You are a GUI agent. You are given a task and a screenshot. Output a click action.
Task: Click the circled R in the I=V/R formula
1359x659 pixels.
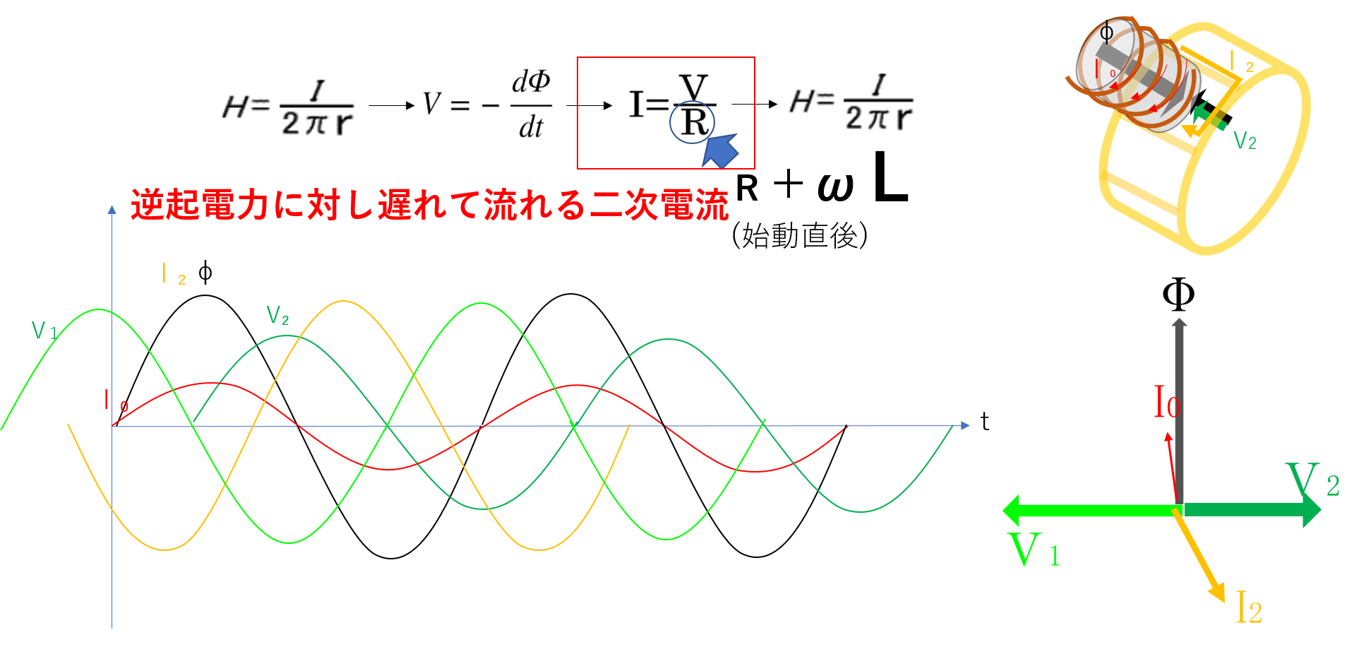[692, 122]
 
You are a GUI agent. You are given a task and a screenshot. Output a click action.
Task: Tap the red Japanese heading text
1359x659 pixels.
[429, 205]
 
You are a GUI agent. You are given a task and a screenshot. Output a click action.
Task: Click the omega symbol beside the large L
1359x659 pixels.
[836, 187]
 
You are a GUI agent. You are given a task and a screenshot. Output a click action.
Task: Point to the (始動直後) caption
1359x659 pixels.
[800, 235]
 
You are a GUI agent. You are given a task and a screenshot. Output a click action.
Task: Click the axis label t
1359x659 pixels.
[985, 422]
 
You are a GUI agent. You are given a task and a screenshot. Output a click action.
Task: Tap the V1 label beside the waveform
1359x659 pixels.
[44, 330]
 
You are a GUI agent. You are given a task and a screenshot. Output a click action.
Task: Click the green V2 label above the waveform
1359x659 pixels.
[277, 315]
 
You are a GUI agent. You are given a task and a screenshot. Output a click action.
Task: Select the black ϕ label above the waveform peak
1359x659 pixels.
[205, 272]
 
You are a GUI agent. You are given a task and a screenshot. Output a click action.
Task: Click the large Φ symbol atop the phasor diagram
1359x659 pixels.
[1178, 294]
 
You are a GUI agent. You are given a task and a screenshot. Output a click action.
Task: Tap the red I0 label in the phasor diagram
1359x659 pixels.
[1166, 401]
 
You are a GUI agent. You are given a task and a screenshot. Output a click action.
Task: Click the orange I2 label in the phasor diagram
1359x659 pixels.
[1249, 607]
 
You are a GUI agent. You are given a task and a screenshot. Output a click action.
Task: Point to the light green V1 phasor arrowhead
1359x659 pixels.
[1011, 510]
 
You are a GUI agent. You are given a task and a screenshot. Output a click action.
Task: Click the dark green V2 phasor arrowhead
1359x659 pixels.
[1312, 509]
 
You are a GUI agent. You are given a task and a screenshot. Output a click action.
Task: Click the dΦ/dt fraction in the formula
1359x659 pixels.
[531, 105]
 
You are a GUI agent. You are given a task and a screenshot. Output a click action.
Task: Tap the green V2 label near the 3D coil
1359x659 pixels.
[1245, 141]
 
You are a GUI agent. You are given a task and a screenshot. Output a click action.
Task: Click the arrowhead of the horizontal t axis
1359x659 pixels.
[965, 425]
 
